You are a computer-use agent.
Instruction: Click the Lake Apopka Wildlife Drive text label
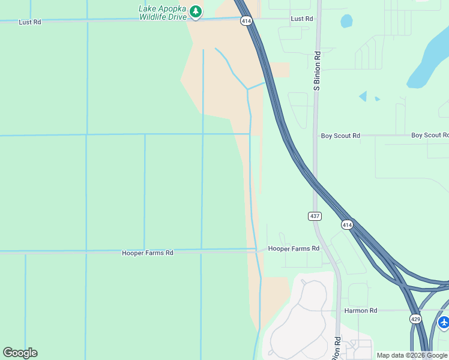coord(163,13)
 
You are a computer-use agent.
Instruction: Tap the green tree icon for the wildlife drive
coord(195,11)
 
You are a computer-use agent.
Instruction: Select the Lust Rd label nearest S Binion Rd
coord(302,19)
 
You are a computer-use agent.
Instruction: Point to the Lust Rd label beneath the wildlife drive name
coord(30,22)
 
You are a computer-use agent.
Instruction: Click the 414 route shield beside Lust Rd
coord(246,21)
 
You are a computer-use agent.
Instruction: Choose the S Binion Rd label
coord(317,71)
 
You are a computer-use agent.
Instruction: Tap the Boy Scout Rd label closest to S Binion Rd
coord(340,136)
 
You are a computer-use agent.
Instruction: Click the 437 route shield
coord(315,216)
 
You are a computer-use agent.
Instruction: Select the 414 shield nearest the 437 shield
coord(347,225)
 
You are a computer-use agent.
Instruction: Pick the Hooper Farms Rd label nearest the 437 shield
coord(294,248)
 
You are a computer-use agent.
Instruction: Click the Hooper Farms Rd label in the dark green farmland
coord(148,253)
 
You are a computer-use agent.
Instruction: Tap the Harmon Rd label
coord(361,311)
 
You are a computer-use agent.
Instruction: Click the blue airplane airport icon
coord(444,322)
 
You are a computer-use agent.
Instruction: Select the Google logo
coord(20,353)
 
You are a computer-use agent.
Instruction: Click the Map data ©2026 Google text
coord(412,355)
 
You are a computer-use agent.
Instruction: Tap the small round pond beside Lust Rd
coord(346,22)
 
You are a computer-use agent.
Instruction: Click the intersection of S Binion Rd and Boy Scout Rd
coord(315,136)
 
